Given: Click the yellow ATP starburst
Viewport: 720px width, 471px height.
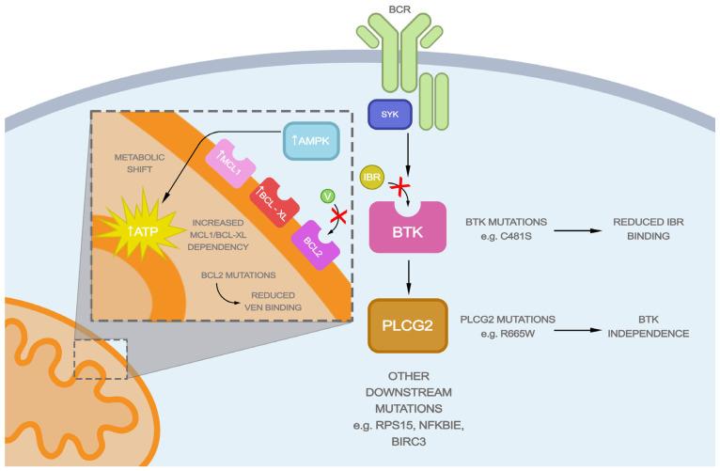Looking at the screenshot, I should click(x=138, y=225).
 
